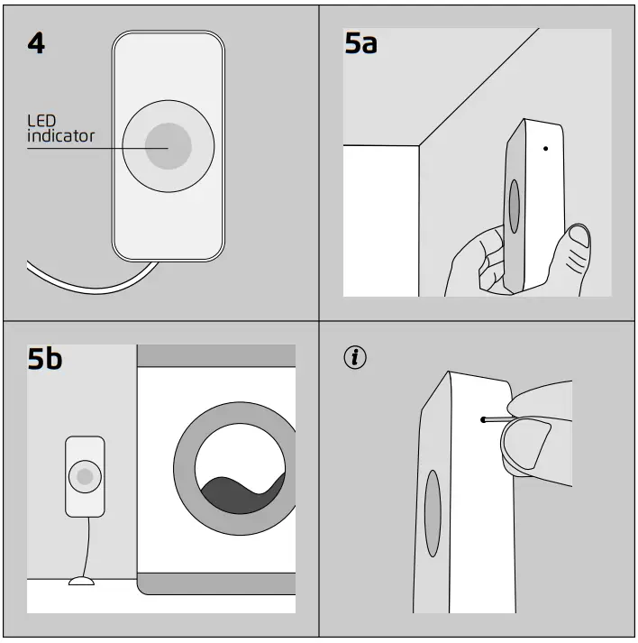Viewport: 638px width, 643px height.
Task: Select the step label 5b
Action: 45,359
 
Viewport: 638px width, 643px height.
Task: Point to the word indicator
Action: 59,137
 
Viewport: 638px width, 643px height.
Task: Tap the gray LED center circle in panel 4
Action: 168,146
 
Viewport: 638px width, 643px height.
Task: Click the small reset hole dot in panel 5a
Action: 545,148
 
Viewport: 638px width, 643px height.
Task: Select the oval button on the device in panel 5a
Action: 514,207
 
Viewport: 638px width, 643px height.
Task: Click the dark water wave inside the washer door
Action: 239,495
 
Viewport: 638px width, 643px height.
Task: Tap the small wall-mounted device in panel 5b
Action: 86,477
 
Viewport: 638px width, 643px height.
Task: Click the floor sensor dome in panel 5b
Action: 81,582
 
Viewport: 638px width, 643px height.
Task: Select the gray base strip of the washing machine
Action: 216,584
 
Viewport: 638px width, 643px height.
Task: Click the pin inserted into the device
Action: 496,419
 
